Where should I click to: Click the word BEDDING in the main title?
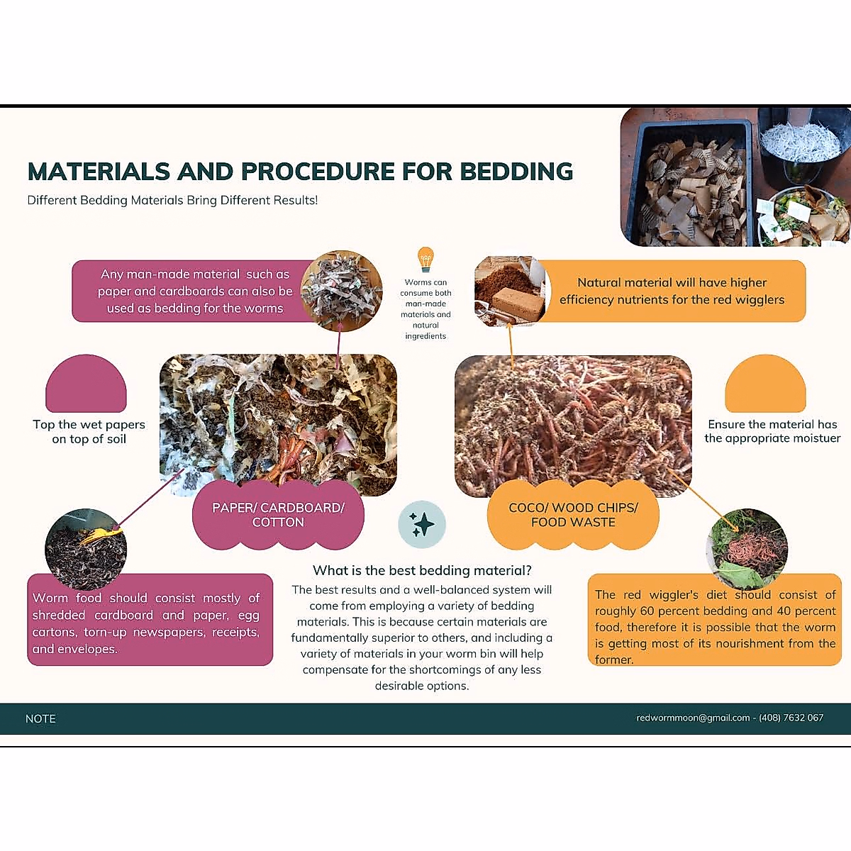[x=516, y=172]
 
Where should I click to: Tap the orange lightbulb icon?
[x=425, y=259]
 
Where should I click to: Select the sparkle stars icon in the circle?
[x=422, y=525]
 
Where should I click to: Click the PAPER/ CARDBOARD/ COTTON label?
[x=278, y=515]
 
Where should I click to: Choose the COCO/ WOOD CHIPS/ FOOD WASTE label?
[x=573, y=515]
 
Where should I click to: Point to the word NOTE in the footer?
[x=40, y=718]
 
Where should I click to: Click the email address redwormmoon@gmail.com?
[x=693, y=718]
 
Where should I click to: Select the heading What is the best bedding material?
[x=422, y=570]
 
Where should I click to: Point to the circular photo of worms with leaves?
[x=747, y=547]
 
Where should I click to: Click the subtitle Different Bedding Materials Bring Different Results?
[x=172, y=200]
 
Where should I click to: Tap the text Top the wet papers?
[x=89, y=424]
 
